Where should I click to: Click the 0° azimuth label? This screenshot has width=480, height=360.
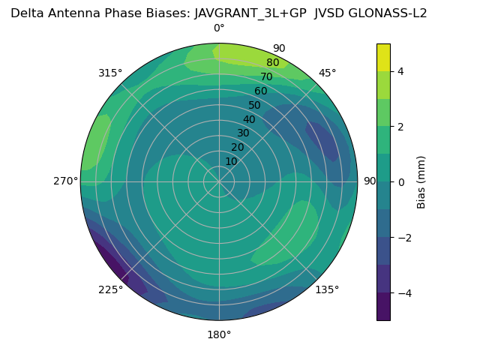219,28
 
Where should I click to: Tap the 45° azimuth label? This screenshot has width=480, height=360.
327,73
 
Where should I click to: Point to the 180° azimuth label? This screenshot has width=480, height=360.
219,334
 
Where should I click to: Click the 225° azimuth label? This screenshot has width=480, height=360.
110,290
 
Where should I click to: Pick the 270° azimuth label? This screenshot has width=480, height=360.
67,181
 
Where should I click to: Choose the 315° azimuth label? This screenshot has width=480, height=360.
110,73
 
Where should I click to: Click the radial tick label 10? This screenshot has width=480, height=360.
232,161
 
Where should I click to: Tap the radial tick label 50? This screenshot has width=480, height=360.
254,105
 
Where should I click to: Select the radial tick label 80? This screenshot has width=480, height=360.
272,63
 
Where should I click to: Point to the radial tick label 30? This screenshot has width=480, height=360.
243,133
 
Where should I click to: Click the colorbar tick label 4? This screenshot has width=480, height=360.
401,71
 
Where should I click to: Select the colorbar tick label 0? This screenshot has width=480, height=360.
401,181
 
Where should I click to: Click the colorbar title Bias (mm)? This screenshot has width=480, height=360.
421,181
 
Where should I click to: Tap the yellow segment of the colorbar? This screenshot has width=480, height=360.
383,57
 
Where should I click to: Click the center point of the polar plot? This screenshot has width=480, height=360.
219,181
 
